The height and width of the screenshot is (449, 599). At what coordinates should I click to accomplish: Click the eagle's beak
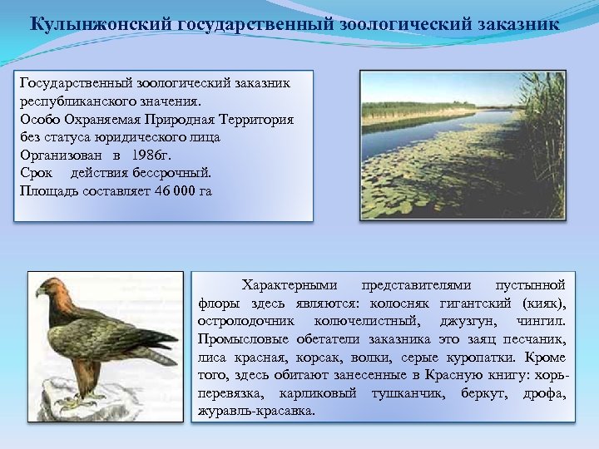40,292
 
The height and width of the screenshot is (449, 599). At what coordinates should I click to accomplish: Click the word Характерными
282,285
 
